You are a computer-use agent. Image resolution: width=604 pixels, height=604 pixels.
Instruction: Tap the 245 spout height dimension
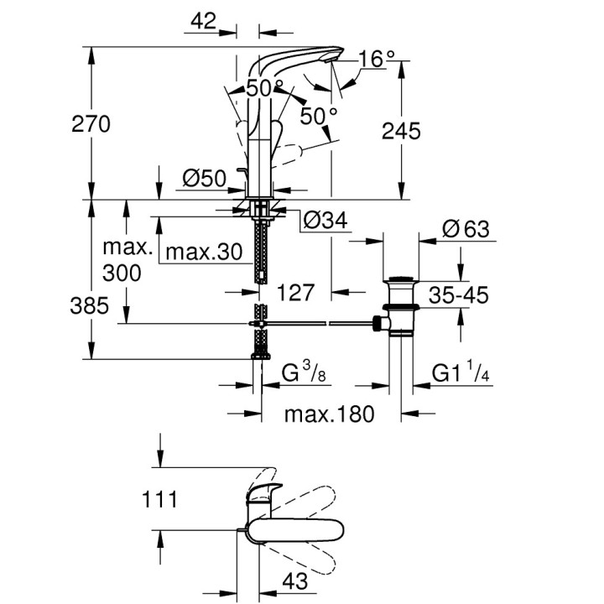click(x=401, y=131)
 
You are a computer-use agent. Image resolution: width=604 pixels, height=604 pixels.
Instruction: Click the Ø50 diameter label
click(x=204, y=178)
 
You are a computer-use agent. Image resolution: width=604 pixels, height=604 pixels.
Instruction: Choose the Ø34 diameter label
click(x=325, y=220)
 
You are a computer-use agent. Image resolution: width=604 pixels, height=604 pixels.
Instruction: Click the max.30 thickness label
click(x=202, y=251)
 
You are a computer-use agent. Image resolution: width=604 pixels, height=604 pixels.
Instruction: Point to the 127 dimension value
click(x=294, y=292)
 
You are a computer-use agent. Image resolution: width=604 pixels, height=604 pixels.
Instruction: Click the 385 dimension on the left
click(x=90, y=305)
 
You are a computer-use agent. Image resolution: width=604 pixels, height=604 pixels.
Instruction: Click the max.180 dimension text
click(x=329, y=414)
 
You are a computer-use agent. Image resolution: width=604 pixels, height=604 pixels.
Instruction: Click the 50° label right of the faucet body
click(x=319, y=116)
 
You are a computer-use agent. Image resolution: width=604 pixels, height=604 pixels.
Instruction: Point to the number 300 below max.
click(x=122, y=273)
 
